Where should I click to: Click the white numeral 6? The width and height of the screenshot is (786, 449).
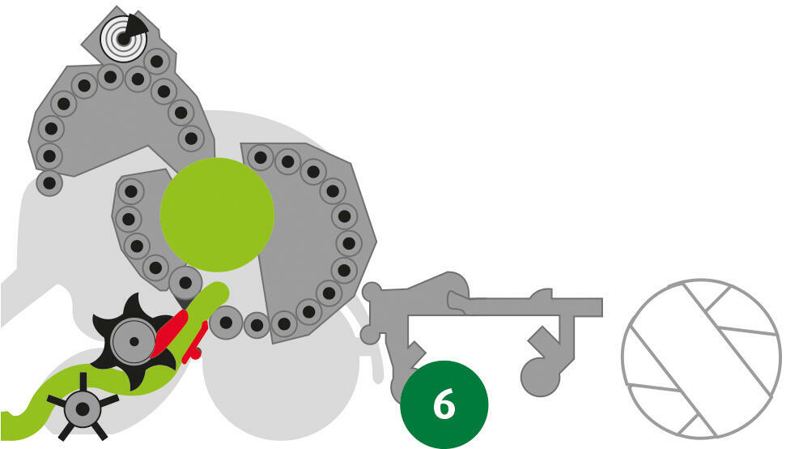coord(444,404)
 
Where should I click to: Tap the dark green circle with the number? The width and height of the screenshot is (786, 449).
coord(444,404)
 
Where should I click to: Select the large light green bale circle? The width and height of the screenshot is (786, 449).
coord(217,215)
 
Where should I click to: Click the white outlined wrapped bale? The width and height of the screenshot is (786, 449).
coord(701,359)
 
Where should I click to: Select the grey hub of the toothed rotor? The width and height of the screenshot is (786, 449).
coord(134,342)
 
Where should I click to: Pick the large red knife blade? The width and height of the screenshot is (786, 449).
coord(169,333)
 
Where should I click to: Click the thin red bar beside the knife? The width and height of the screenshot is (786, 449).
coord(195,343)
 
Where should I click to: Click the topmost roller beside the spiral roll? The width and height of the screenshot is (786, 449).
coord(157,62)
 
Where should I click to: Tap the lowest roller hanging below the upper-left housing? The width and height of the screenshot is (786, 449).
coord(49,182)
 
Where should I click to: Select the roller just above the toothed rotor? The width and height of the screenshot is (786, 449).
coord(185,283)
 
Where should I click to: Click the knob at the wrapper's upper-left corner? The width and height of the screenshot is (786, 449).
coord(372,292)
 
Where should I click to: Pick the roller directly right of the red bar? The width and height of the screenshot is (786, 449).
coord(226,322)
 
